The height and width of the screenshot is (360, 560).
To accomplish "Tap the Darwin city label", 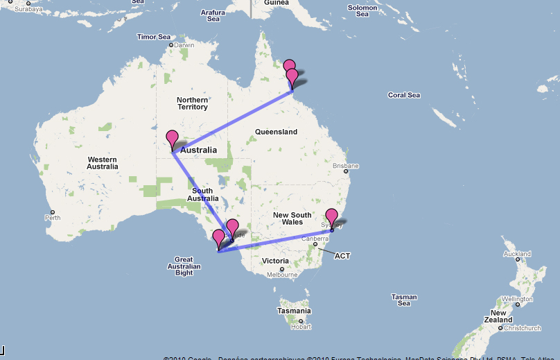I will point(184,45).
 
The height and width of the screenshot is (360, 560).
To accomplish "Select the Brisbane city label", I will point(346,166).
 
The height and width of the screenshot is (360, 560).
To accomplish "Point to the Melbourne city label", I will point(282,275).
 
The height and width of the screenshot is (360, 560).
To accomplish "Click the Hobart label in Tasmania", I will point(301,327).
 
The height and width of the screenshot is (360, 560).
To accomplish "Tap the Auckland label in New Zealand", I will point(516,254).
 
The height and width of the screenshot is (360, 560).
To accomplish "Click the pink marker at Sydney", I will point(331,217).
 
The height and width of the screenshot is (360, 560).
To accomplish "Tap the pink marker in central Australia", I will point(172,139).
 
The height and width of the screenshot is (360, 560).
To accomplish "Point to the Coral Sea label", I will point(403,95).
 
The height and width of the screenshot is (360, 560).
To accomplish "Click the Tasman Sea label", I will point(403,300).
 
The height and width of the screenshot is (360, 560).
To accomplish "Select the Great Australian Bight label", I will point(184,266).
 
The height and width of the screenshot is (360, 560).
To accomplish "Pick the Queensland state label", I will point(276,132).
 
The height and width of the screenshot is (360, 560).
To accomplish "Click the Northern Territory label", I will point(192,103).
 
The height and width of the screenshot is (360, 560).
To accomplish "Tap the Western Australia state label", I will point(103,163).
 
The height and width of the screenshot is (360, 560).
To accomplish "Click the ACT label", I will point(342,256).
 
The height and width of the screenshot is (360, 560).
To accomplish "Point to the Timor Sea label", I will point(154,37).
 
